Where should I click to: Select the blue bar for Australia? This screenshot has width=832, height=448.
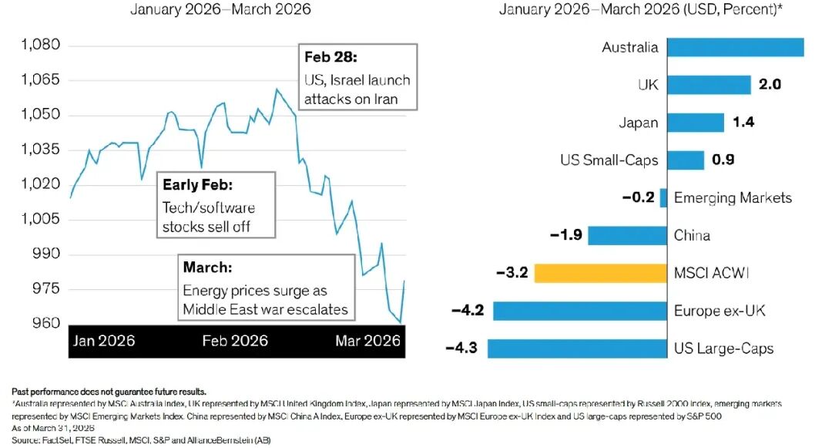(x=735, y=47)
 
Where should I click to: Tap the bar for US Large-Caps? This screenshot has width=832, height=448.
(x=578, y=349)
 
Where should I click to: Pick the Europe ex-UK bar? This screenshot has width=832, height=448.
(x=580, y=311)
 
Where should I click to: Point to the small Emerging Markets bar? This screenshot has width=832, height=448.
(x=663, y=197)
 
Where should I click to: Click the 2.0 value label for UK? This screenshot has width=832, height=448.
(x=770, y=84)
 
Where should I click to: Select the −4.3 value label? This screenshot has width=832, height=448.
(x=461, y=349)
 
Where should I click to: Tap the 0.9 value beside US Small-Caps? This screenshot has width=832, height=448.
(x=723, y=160)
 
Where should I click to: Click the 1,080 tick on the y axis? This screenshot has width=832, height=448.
(x=39, y=45)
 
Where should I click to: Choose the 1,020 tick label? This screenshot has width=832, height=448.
(x=39, y=184)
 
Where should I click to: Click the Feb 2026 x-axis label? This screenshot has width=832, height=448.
(x=237, y=341)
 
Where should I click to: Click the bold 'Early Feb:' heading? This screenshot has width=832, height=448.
(x=196, y=185)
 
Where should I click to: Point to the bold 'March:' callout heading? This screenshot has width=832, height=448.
(x=207, y=268)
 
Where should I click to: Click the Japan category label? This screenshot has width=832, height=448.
(x=639, y=123)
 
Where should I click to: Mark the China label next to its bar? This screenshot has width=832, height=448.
(x=692, y=235)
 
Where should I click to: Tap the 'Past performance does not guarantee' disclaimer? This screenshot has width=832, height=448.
(x=109, y=392)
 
